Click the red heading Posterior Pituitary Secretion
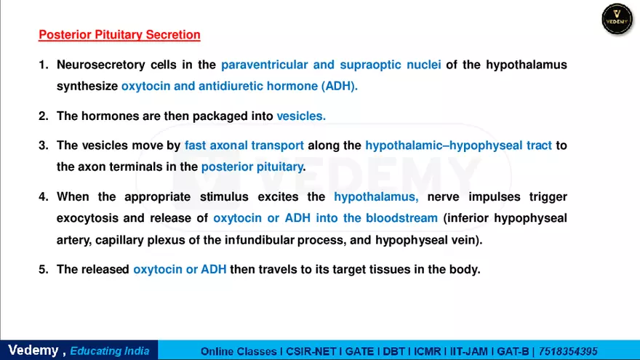[119, 34]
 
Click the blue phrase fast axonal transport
[244, 145]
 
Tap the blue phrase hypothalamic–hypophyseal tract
[458, 145]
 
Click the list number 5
[42, 269]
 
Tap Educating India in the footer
[110, 351]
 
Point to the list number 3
[42, 145]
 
